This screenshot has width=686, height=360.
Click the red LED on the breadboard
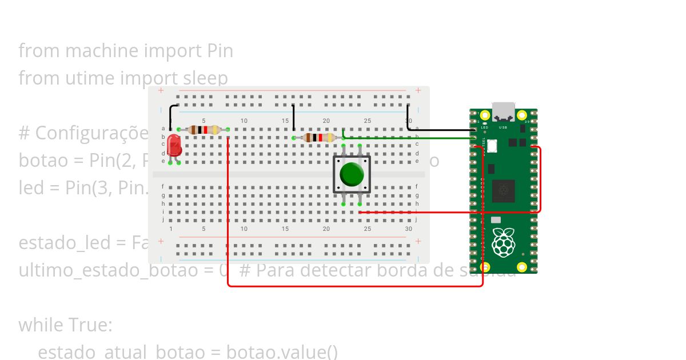coord(174,146)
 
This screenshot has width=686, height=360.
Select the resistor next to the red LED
coord(204,130)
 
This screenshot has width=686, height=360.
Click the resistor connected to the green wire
coord(318,138)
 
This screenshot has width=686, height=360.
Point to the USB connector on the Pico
coord(503,111)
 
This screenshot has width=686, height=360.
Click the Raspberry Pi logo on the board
coord(503,243)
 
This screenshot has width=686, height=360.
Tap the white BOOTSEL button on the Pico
coord(492,146)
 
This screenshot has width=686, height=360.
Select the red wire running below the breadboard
coord(354,285)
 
